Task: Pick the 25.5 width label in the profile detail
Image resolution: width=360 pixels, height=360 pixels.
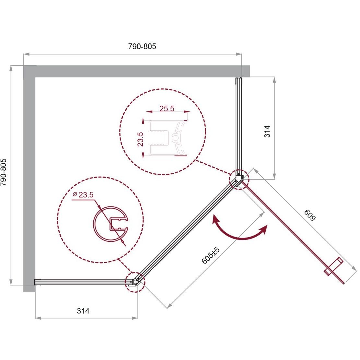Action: (167, 108)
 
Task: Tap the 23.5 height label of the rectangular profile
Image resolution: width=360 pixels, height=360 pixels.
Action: (140, 139)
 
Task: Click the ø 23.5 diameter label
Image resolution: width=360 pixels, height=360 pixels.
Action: (83, 195)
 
